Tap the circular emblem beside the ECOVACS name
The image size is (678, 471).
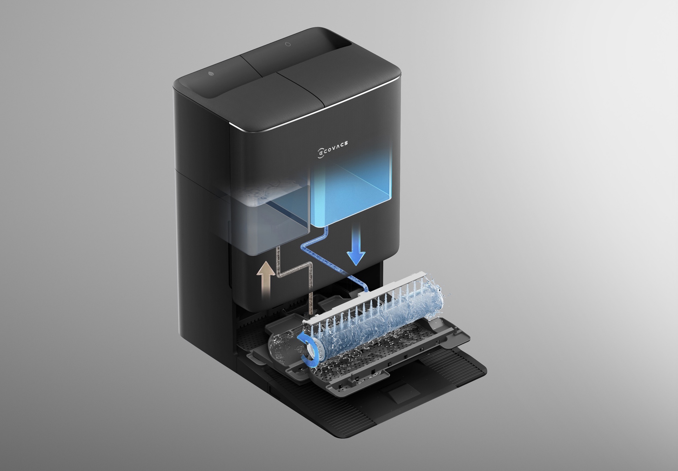[x=320, y=154]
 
